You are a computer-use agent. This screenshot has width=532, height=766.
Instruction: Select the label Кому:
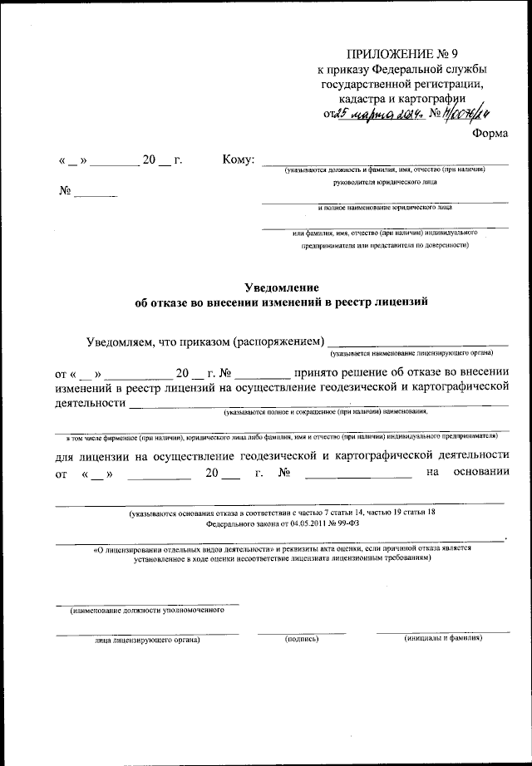pyautogui.click(x=239, y=159)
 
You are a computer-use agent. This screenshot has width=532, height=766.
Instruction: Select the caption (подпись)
pyautogui.click(x=302, y=639)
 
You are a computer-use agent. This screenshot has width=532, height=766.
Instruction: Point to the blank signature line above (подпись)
pyautogui.click(x=301, y=632)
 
